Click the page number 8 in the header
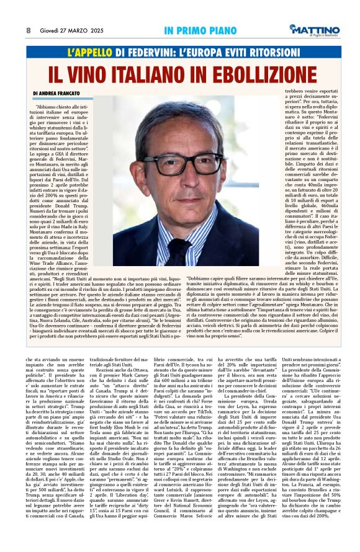(x=29, y=29)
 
